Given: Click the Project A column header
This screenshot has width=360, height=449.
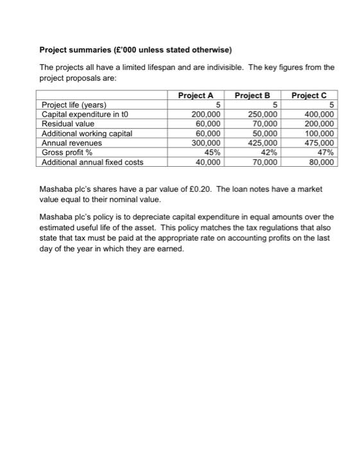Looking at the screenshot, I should click(196, 96).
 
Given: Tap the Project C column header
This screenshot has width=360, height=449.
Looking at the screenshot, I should click(309, 96).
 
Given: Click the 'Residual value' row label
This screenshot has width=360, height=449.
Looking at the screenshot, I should click(67, 124).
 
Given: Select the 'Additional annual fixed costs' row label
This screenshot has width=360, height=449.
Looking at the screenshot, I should click(92, 162).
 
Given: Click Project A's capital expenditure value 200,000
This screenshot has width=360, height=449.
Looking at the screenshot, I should click(207, 114).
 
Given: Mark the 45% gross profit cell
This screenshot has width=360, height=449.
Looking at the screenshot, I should click(212, 153).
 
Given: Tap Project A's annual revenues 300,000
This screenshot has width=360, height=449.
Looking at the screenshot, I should click(207, 143).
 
